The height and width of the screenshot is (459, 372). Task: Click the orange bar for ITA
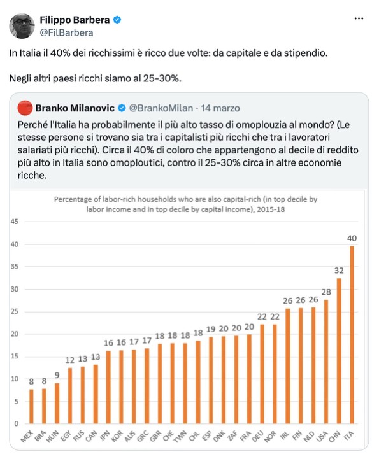click(352, 335)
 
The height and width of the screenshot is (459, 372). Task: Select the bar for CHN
click(339, 351)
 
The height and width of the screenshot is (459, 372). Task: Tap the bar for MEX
click(31, 406)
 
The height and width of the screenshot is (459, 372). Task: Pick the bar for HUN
click(57, 403)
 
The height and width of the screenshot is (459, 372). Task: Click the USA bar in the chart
click(326, 362)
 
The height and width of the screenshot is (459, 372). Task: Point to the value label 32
click(339, 271)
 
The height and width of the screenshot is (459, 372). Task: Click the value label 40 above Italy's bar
click(352, 238)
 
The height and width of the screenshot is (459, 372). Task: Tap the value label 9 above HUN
click(57, 375)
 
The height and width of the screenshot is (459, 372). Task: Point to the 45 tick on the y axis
click(15, 222)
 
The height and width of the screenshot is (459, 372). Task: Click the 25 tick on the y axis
click(15, 311)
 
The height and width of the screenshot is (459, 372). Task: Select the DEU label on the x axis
click(258, 436)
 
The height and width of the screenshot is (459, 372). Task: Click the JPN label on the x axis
click(104, 435)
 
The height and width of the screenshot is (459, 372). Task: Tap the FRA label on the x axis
click(245, 436)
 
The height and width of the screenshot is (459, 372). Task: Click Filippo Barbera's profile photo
click(22, 25)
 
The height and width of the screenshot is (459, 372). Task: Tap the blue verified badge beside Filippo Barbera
click(117, 20)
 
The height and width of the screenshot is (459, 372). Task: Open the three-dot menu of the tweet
click(359, 18)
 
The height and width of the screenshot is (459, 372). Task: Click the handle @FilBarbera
click(66, 32)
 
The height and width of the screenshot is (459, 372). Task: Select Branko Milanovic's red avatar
click(25, 108)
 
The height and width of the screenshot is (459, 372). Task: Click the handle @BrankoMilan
click(161, 108)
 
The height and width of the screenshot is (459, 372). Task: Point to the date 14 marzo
click(220, 108)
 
